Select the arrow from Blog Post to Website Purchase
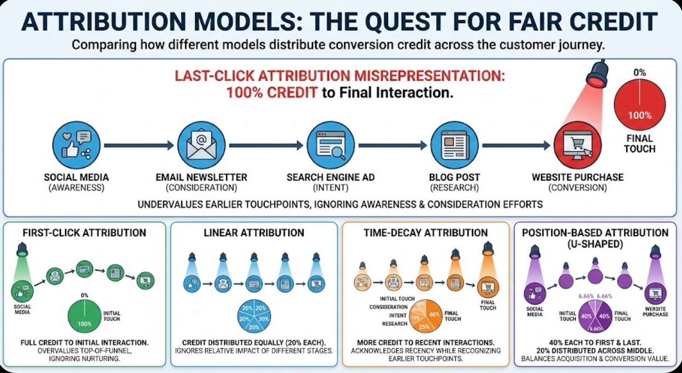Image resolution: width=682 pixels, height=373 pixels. [516, 145]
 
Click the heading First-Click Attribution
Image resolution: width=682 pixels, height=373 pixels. [84, 233]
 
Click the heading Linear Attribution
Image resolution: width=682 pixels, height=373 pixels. [254, 233]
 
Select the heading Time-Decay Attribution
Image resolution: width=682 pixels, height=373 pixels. [425, 233]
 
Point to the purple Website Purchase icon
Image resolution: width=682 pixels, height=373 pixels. [656, 295]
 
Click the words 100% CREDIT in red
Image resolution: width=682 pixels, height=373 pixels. [271, 93]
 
